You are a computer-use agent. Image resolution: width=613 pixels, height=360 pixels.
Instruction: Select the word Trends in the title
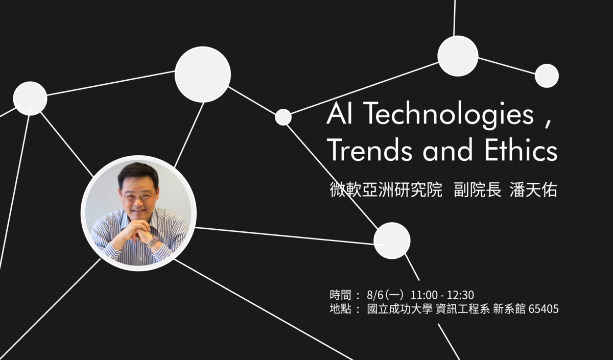(369, 150)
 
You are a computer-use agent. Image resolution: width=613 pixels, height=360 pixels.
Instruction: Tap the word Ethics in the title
(521, 150)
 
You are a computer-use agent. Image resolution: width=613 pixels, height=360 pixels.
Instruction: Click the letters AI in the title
(339, 113)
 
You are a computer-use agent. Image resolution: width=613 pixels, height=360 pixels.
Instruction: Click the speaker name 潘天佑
(533, 189)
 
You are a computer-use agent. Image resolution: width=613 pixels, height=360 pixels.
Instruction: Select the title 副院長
(478, 189)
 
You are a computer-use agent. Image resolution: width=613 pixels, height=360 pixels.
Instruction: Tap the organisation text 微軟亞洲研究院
(386, 189)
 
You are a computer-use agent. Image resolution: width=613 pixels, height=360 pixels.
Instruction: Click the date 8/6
(375, 295)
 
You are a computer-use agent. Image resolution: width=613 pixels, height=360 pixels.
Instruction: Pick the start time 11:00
(424, 295)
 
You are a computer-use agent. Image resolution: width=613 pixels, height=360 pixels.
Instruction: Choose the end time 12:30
(460, 295)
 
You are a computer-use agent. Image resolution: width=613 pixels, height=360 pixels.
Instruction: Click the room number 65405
(543, 309)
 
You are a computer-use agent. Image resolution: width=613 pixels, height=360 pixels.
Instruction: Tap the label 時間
(340, 295)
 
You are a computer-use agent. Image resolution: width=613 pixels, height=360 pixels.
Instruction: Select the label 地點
(340, 309)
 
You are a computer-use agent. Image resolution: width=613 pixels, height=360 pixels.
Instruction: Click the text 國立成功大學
(400, 309)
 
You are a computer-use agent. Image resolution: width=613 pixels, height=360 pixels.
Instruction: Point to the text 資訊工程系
(462, 309)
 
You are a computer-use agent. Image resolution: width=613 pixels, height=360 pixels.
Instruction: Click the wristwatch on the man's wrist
(153, 242)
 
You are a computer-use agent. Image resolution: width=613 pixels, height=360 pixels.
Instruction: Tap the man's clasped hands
(138, 230)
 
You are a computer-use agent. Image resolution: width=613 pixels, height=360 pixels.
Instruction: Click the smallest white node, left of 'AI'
(283, 117)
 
